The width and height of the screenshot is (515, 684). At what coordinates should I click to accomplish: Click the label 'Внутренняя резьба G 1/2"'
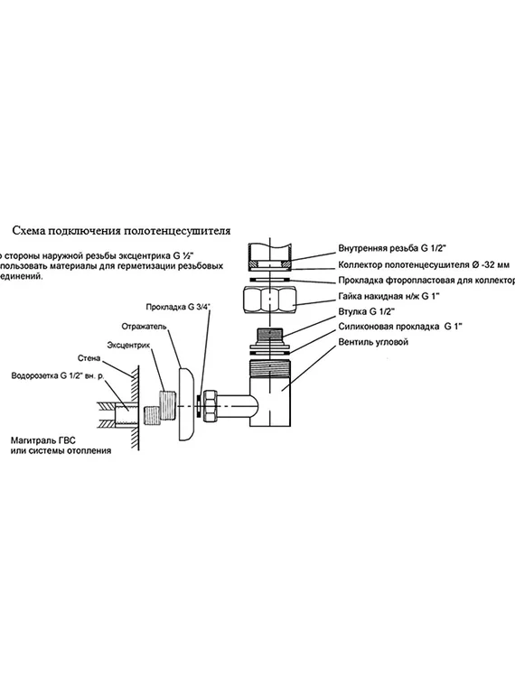pyautogui.click(x=392, y=246)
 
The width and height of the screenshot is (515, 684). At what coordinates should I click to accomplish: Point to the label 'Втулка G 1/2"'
pyautogui.click(x=366, y=311)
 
